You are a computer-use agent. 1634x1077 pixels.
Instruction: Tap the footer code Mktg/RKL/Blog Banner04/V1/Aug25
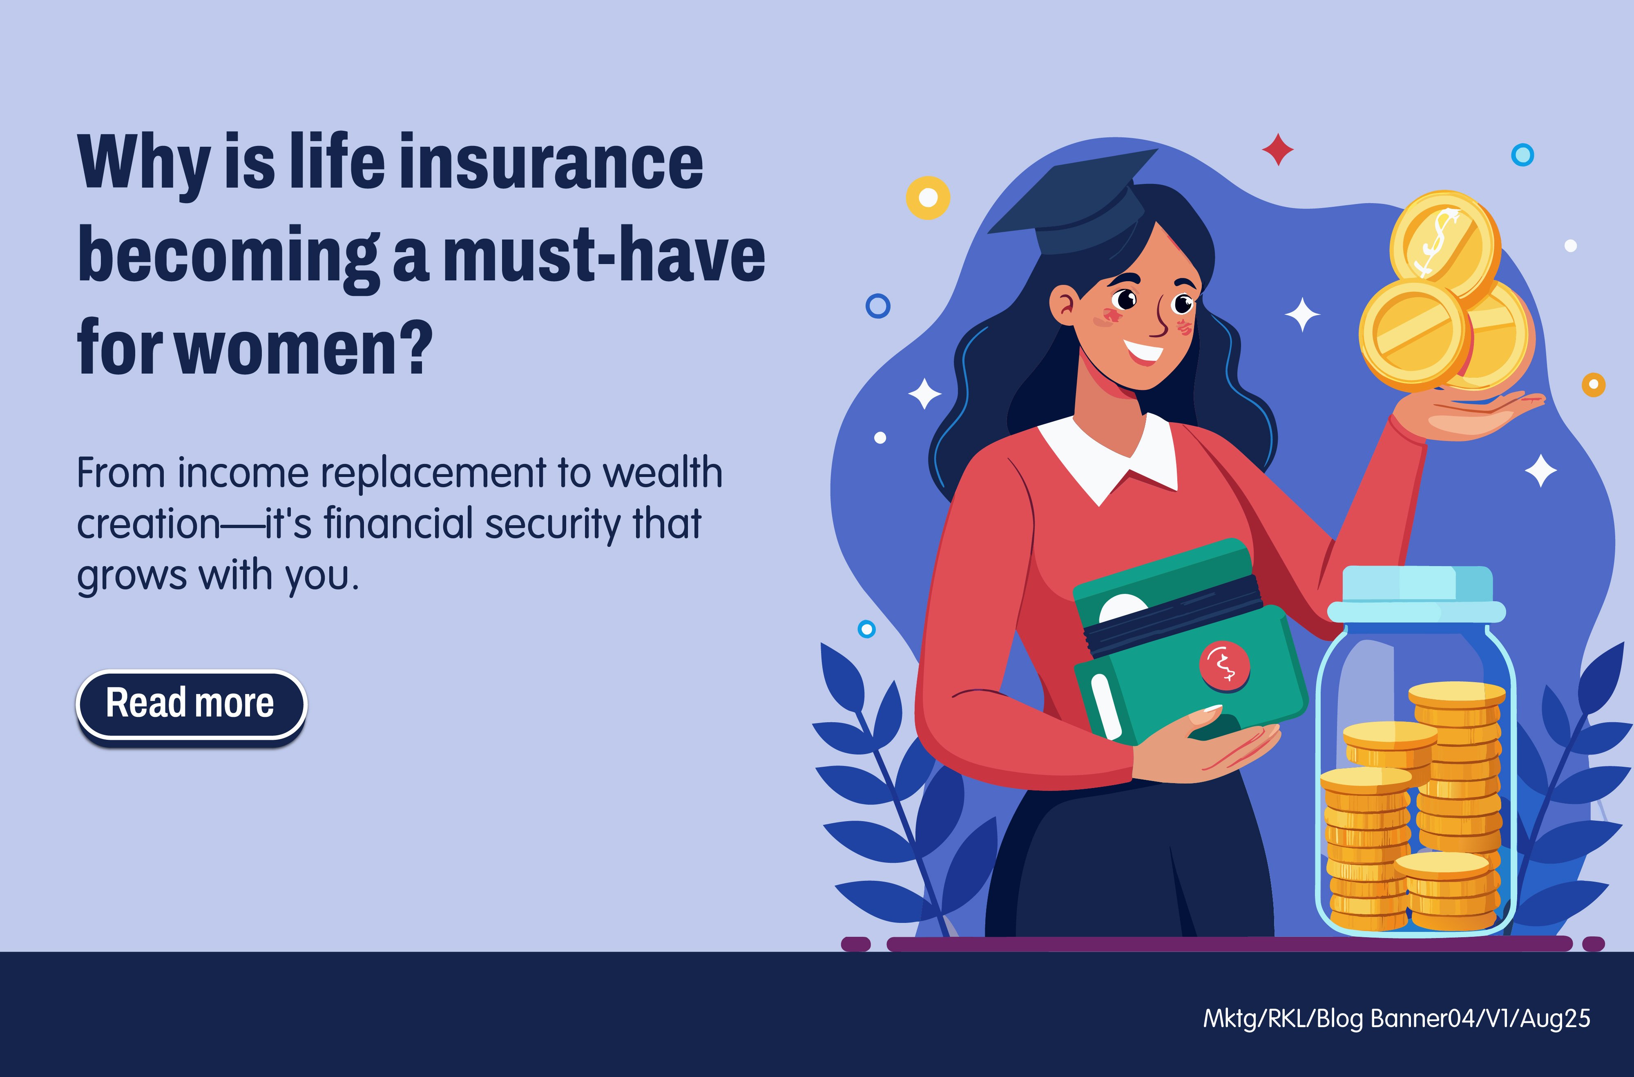tap(1396, 1019)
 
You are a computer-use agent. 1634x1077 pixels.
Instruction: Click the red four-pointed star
tap(1278, 149)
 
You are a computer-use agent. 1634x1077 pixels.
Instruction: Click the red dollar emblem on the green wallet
tap(1224, 665)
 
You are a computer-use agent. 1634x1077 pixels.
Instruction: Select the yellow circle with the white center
tap(928, 198)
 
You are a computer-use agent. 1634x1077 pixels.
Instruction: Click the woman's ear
tap(1064, 306)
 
